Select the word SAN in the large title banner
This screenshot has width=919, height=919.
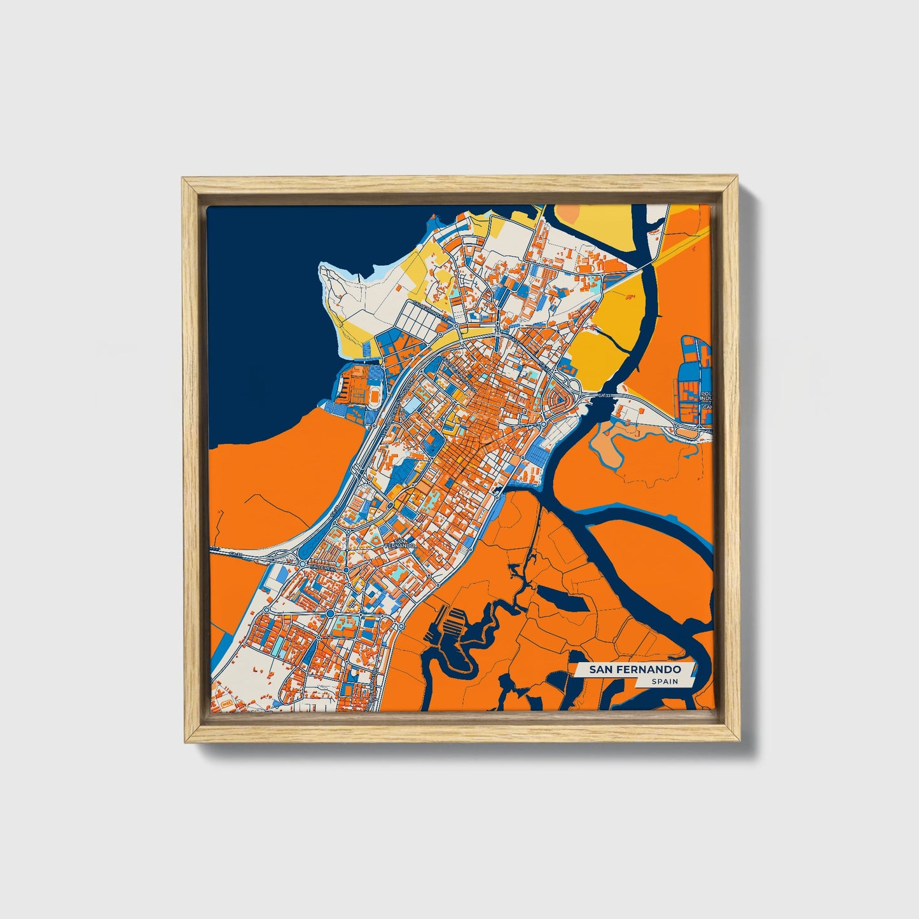point(600,670)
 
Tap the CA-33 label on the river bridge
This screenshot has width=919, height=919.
point(604,396)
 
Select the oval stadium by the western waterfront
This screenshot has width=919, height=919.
point(375,395)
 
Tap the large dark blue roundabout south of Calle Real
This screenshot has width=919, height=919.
point(331,613)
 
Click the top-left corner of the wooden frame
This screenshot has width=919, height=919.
point(183,179)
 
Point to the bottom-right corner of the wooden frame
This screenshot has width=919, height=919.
point(740,742)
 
